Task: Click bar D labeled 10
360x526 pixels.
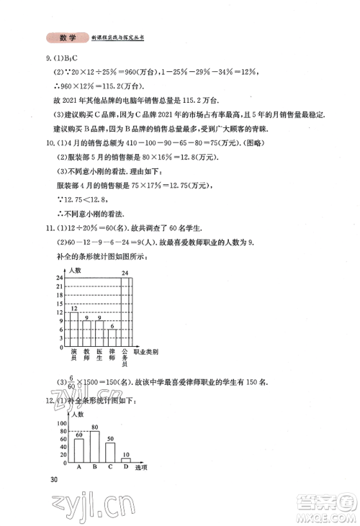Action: click(x=126, y=459)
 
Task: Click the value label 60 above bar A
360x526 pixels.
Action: click(x=78, y=435)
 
